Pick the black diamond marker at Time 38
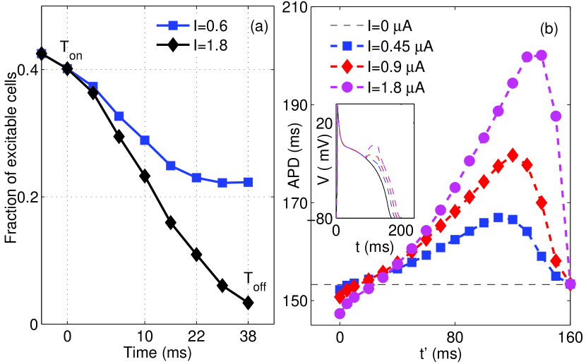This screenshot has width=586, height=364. (248, 303)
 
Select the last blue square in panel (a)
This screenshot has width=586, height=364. (248, 182)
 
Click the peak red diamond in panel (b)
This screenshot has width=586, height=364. (513, 154)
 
